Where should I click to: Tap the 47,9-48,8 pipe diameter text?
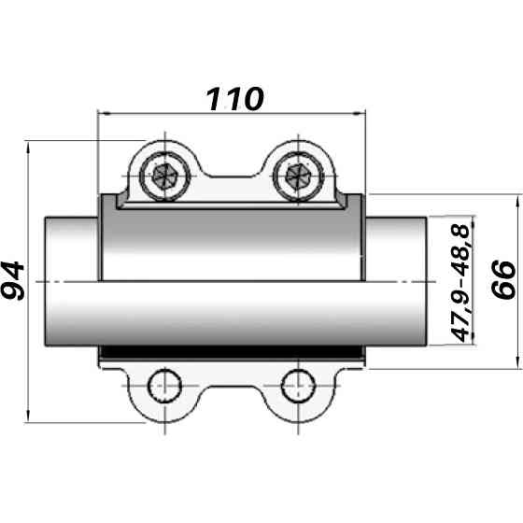(460, 281)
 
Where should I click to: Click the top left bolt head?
(168, 174)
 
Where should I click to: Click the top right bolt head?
(299, 174)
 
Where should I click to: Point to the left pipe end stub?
(70, 281)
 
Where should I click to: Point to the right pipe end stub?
(398, 281)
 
